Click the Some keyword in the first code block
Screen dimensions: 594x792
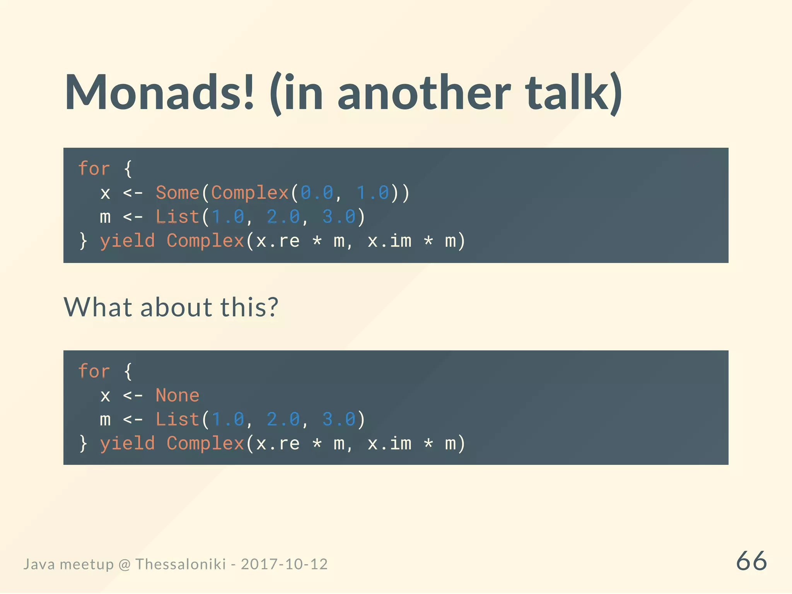[x=177, y=193]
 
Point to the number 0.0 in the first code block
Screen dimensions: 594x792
[x=317, y=193]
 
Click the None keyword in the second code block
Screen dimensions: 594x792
[x=177, y=395]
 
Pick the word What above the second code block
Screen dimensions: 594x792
[x=98, y=307]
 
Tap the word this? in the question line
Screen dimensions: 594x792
[x=249, y=307]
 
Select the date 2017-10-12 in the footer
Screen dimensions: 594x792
[x=284, y=564]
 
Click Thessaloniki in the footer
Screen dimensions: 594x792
[x=181, y=564]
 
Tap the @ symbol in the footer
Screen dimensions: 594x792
[x=125, y=565]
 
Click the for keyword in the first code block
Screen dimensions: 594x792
[x=94, y=169]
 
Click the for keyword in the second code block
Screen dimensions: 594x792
[x=94, y=371]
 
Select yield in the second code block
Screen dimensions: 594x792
[x=127, y=443]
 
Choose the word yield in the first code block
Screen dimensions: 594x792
[x=127, y=241]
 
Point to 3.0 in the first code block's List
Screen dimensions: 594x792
[x=339, y=217]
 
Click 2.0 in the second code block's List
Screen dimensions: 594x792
[x=283, y=419]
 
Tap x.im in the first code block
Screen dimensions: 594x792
[x=389, y=241]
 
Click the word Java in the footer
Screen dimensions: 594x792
[x=39, y=564]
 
